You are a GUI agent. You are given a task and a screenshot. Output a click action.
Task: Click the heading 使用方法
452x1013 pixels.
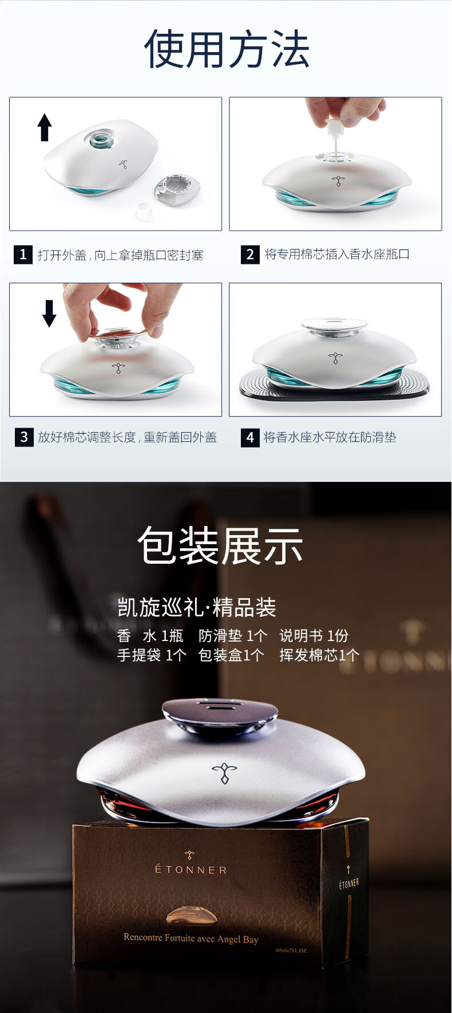[227, 49]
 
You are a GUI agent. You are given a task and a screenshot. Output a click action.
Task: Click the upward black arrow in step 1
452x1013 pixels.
[45, 127]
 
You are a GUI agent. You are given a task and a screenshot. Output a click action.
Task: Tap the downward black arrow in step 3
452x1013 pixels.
[49, 313]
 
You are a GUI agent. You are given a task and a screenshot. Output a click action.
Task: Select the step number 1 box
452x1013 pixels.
[23, 254]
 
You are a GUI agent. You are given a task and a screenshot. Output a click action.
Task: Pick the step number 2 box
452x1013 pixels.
[250, 254]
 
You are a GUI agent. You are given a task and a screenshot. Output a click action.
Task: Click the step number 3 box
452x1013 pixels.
[24, 437]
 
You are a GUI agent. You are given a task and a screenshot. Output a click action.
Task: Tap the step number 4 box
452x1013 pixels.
[250, 437]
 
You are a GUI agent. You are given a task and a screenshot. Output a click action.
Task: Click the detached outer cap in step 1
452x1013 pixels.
[177, 189]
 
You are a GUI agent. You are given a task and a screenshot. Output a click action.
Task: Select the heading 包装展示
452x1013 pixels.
[220, 545]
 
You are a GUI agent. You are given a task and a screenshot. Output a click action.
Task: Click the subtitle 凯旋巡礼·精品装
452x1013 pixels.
[196, 607]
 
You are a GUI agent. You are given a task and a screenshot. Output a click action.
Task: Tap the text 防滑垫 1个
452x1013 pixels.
[233, 636]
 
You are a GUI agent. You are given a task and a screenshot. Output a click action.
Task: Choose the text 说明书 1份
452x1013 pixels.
[314, 636]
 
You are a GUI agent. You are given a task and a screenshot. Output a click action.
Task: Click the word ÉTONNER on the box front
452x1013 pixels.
[191, 869]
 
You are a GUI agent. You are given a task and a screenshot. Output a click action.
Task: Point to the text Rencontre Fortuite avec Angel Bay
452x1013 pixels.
[191, 939]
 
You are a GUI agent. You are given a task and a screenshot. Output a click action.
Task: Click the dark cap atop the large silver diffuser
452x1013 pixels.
[220, 714]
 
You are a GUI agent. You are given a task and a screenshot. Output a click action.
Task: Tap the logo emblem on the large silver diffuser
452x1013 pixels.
[224, 773]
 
